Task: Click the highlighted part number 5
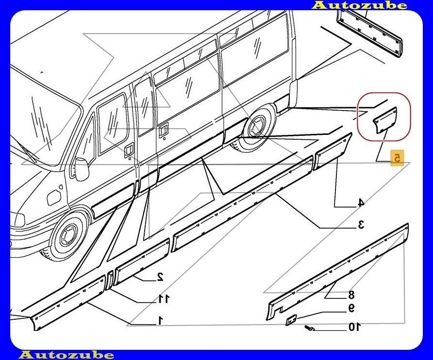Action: click(x=397, y=158)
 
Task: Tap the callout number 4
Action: click(x=361, y=203)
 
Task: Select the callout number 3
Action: click(x=361, y=225)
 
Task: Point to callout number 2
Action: click(x=160, y=276)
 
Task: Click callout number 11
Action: click(x=163, y=298)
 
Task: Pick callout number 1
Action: click(x=161, y=320)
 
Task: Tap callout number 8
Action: click(x=351, y=295)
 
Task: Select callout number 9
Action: click(x=351, y=308)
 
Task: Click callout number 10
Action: click(x=354, y=327)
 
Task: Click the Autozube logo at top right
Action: click(x=360, y=5)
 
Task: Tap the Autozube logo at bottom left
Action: click(x=67, y=355)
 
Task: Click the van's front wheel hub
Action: click(x=67, y=235)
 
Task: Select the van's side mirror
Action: click(x=82, y=169)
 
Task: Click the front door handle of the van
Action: click(x=129, y=150)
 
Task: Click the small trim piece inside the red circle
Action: click(x=385, y=120)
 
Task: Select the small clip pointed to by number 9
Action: click(x=291, y=320)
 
